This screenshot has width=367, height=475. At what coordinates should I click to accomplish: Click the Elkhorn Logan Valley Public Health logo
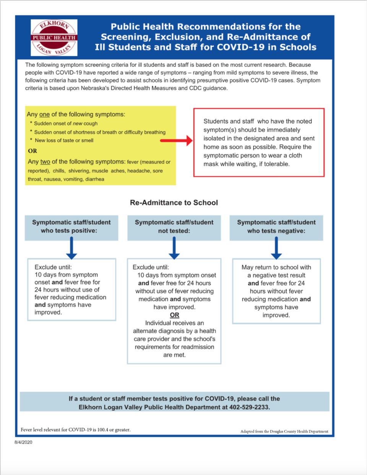(54, 38)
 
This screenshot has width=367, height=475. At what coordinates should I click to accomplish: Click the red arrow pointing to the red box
(176, 140)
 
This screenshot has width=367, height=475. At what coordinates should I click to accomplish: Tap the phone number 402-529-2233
(249, 407)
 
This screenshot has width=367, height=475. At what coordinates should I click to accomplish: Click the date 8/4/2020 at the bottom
(23, 442)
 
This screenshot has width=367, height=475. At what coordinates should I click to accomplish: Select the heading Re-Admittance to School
(174, 203)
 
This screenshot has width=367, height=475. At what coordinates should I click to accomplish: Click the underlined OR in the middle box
(174, 315)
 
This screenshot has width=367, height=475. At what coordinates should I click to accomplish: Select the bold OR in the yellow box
(32, 151)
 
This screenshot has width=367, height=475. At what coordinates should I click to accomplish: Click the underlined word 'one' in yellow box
(44, 114)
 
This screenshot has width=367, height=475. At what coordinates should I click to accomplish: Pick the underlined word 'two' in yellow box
(45, 162)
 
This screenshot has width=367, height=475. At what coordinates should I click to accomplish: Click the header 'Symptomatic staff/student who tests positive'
(71, 227)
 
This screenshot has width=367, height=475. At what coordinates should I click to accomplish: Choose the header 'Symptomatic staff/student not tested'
(174, 227)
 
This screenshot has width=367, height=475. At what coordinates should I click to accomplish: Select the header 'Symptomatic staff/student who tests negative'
(276, 227)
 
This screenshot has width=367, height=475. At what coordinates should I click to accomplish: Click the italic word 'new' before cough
(78, 124)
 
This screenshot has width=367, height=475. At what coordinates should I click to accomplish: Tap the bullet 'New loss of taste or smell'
(64, 140)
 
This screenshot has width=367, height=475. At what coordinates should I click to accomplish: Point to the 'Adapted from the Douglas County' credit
(284, 431)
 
